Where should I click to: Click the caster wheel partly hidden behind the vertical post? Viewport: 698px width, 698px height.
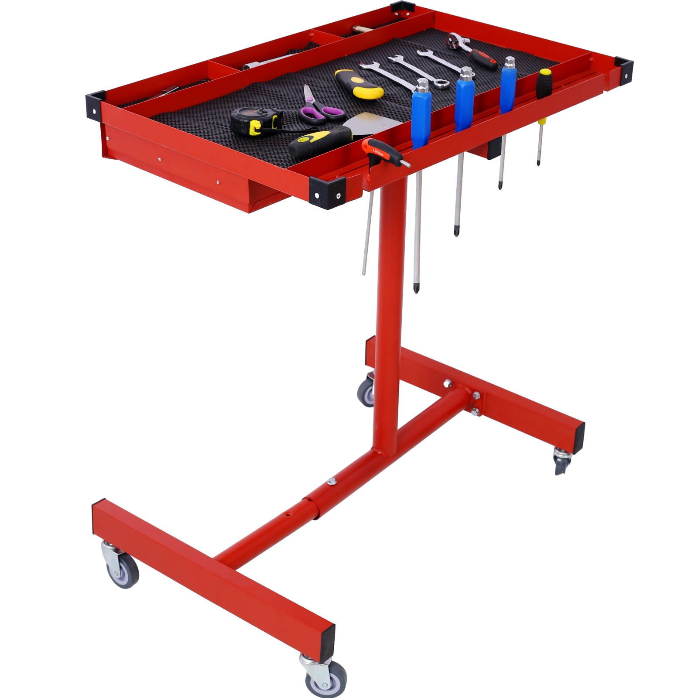[366, 390]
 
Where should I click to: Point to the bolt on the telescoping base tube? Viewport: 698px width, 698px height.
[332, 481]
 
